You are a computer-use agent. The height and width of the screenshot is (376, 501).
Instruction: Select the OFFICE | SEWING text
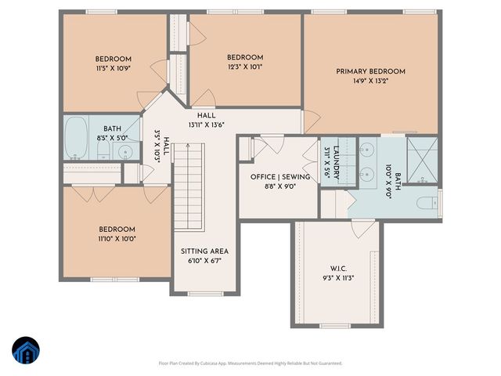point(280,177)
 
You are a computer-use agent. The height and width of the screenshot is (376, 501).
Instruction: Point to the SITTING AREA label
point(205,251)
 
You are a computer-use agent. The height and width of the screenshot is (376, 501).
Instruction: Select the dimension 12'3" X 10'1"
point(245,67)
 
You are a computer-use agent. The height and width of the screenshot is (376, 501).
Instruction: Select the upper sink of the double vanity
point(367,148)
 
